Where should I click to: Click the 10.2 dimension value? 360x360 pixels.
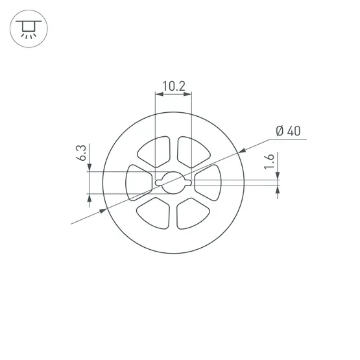[x=173, y=86]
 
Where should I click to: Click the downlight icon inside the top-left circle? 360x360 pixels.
[x=27, y=28]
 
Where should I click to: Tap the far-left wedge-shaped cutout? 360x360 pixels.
[x=137, y=182]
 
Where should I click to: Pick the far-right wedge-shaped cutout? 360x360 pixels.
[x=210, y=182]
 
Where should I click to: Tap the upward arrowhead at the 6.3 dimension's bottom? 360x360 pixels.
[x=88, y=197]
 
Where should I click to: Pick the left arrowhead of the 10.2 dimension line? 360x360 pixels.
[x=159, y=97]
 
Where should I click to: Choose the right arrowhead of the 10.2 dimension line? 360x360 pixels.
[x=189, y=97]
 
